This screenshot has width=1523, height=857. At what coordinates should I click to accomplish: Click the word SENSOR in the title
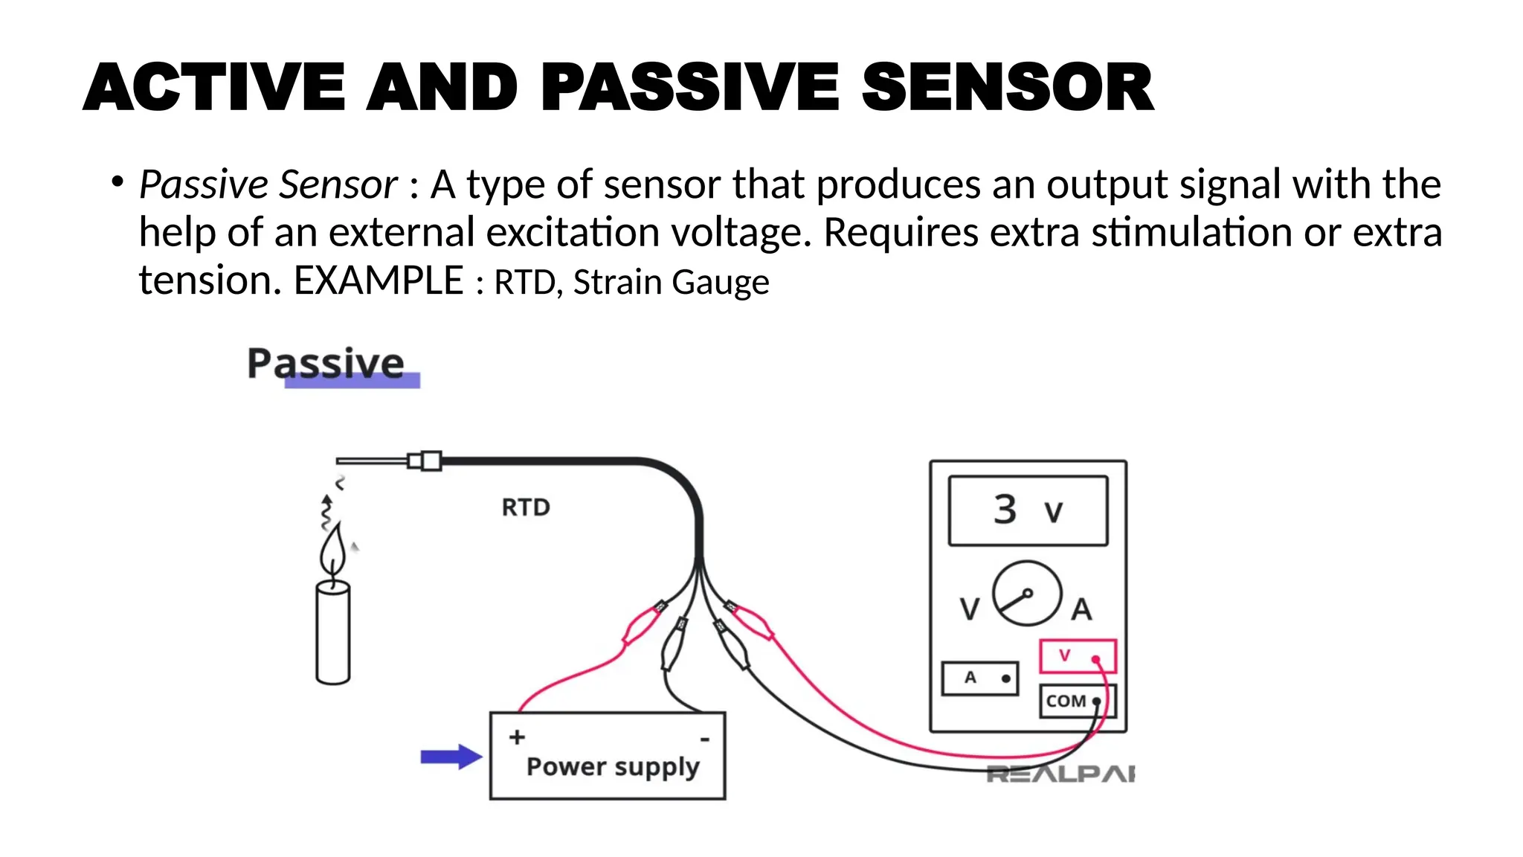point(1008,88)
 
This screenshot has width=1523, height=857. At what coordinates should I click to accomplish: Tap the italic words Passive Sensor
point(268,184)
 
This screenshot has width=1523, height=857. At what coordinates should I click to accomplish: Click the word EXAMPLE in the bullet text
point(379,281)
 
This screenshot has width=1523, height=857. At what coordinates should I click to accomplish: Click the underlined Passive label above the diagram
point(326,365)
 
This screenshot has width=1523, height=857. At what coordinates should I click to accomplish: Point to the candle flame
point(333,551)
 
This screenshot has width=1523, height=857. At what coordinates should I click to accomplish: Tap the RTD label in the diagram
point(526,507)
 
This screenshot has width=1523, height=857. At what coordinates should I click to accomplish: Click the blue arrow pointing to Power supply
point(451,757)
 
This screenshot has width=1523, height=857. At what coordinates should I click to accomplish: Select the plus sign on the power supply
point(517,737)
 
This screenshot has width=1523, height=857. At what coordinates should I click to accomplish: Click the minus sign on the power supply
point(704,739)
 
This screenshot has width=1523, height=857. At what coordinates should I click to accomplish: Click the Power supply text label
point(613,766)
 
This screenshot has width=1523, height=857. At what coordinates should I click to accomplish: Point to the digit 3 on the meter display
point(1005,510)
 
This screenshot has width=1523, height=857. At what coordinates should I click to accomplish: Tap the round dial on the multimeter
point(1026,594)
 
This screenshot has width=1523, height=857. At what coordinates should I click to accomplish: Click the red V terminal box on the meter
point(1078,656)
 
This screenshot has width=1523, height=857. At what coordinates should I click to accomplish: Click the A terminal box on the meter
point(979,678)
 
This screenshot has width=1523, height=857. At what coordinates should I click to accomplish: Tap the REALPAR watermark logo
point(1060,774)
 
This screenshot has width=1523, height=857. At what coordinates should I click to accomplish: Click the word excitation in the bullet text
point(572,233)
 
